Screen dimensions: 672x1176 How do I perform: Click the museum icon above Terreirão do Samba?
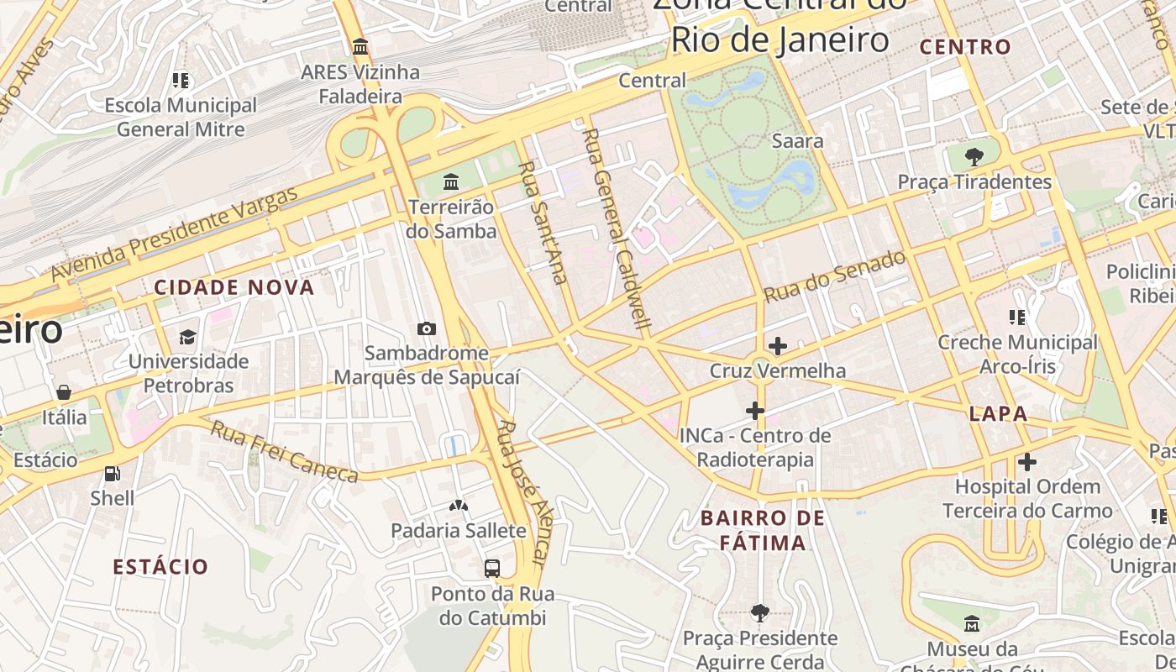[451, 181]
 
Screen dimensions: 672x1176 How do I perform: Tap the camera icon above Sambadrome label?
[427, 328]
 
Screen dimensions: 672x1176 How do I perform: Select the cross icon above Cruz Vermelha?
[778, 345]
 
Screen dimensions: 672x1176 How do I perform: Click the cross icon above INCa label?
[755, 410]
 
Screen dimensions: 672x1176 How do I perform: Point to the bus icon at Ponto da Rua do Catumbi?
[492, 569]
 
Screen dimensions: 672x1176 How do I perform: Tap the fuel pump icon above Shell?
[112, 474]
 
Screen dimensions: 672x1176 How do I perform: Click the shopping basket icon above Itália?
[64, 392]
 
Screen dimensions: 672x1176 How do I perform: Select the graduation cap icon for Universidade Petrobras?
[188, 337]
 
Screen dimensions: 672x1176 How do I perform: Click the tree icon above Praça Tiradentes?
[974, 156]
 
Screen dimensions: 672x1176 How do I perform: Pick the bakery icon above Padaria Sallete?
[459, 506]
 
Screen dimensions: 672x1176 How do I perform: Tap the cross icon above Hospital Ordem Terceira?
[1026, 461]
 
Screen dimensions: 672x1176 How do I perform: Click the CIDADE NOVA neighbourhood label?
[234, 287]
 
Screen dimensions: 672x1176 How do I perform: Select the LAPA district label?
[998, 413]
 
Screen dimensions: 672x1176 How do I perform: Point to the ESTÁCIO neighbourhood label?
[160, 566]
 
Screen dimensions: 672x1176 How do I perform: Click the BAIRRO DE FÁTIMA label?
[763, 530]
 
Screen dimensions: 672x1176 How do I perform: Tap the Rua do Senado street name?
[835, 276]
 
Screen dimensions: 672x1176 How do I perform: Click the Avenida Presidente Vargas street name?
[174, 234]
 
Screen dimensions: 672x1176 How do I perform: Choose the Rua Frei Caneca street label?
[284, 452]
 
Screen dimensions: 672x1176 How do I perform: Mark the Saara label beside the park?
[797, 141]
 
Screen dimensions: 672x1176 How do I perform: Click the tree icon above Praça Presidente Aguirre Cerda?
[760, 613]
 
